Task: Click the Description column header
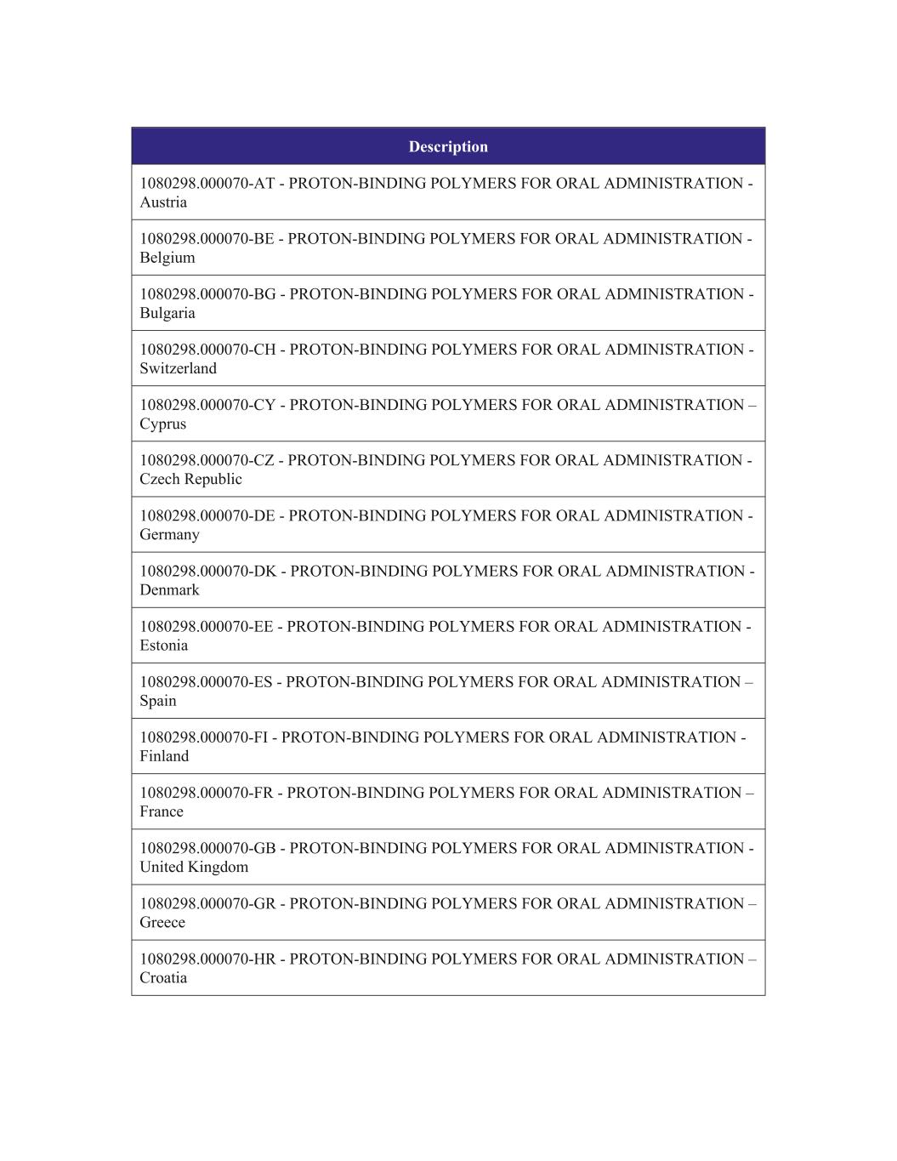(448, 146)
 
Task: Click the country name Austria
(163, 202)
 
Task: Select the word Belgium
(167, 258)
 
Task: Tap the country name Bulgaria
(167, 313)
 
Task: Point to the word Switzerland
(178, 368)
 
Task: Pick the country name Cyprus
(162, 424)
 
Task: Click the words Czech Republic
(190, 479)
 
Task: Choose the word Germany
(169, 534)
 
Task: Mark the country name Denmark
(169, 589)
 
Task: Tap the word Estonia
(164, 645)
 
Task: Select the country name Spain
(158, 701)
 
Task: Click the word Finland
(164, 756)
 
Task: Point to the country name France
(162, 811)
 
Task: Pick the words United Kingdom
(194, 867)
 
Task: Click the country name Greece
(162, 922)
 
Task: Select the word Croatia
(163, 977)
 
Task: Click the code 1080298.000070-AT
(207, 184)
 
